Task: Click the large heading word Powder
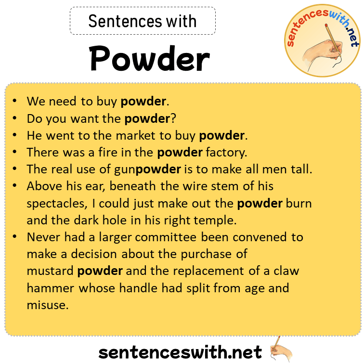click(149, 60)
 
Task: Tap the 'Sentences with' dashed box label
click(143, 21)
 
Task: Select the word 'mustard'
click(50, 271)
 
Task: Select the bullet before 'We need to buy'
click(15, 102)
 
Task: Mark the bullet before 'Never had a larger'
click(15, 237)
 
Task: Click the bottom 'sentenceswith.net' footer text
click(180, 352)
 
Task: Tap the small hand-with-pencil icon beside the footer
click(282, 349)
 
